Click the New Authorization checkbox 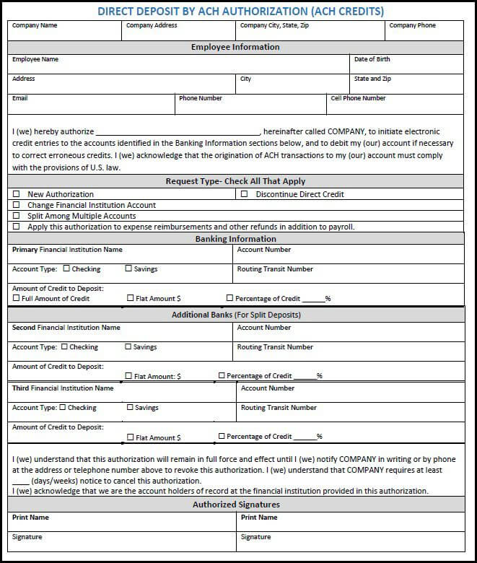click(x=16, y=194)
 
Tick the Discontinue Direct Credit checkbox click(x=244, y=194)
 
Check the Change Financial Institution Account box click(x=16, y=205)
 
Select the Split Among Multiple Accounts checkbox click(x=16, y=216)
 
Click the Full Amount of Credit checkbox click(x=16, y=297)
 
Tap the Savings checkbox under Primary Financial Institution click(x=128, y=269)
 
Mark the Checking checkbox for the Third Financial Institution click(x=63, y=407)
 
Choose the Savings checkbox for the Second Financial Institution click(x=128, y=346)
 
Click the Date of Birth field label click(x=372, y=59)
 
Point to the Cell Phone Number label click(x=358, y=98)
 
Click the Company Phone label click(x=412, y=25)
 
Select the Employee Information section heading click(x=235, y=47)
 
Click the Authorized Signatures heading click(x=236, y=505)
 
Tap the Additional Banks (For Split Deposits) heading click(x=236, y=315)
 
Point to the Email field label click(x=19, y=98)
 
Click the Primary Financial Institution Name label click(x=67, y=250)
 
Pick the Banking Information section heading click(x=235, y=239)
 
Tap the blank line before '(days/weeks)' click(x=20, y=481)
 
